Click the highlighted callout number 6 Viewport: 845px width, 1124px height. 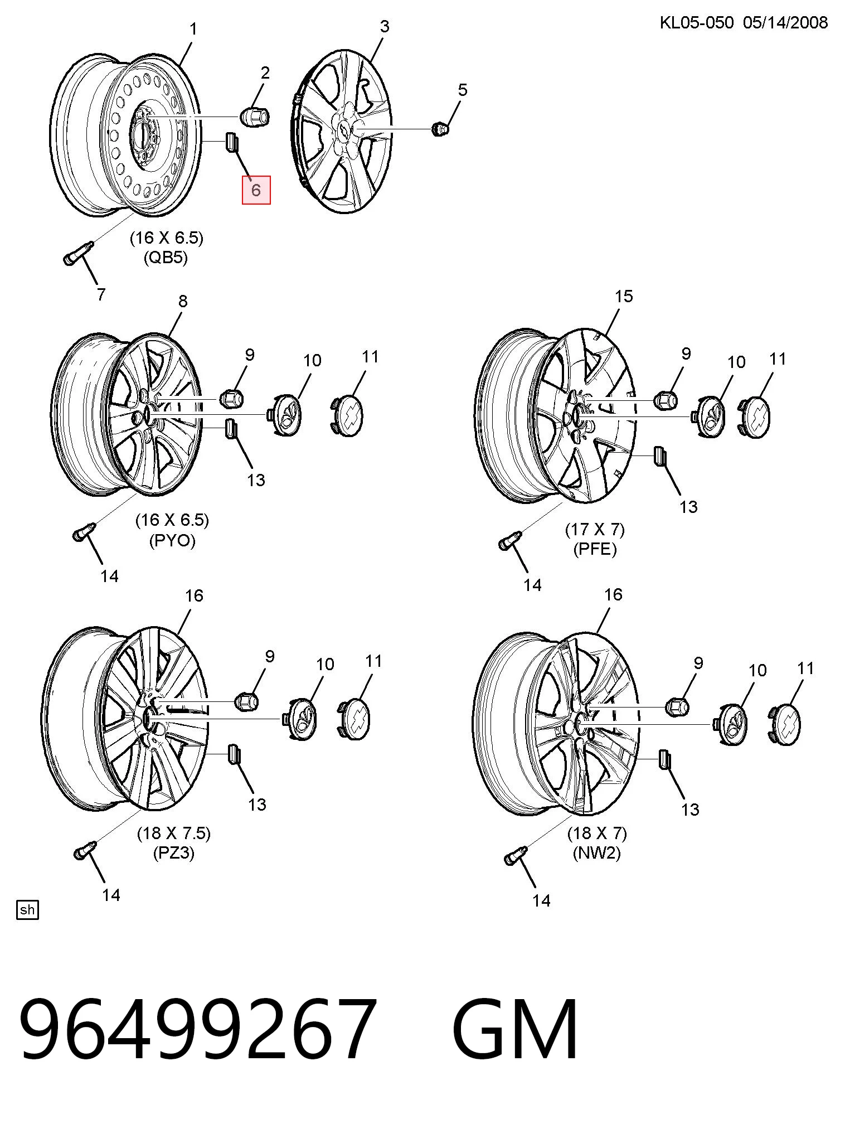(256, 190)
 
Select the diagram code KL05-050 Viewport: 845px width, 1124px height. (696, 23)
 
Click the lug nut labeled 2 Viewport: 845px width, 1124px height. (255, 117)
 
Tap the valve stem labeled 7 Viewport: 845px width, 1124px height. (77, 253)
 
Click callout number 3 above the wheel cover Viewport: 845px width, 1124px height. (385, 26)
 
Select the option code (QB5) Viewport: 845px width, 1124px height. (166, 258)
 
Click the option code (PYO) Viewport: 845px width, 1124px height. (172, 541)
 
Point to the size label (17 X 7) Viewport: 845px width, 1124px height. (595, 529)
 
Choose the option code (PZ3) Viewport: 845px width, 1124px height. (173, 853)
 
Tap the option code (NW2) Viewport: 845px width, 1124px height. (596, 853)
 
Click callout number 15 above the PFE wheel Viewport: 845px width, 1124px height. (624, 296)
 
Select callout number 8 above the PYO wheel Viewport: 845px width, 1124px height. (183, 301)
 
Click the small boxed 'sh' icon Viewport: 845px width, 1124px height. (27, 910)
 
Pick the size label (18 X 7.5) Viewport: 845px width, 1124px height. (174, 833)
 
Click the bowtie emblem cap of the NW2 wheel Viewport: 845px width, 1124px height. (785, 724)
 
